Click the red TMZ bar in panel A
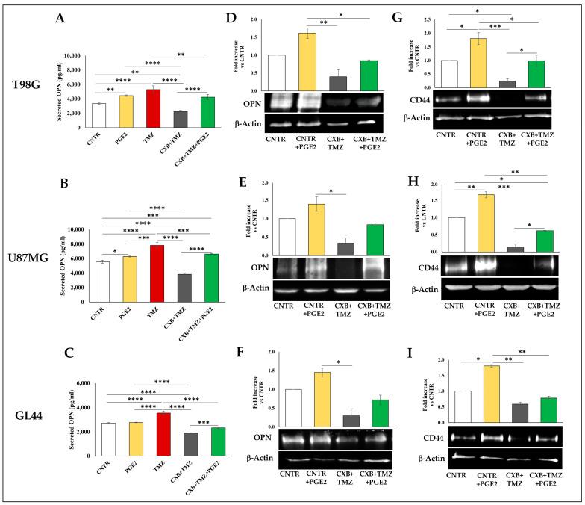(152, 108)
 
